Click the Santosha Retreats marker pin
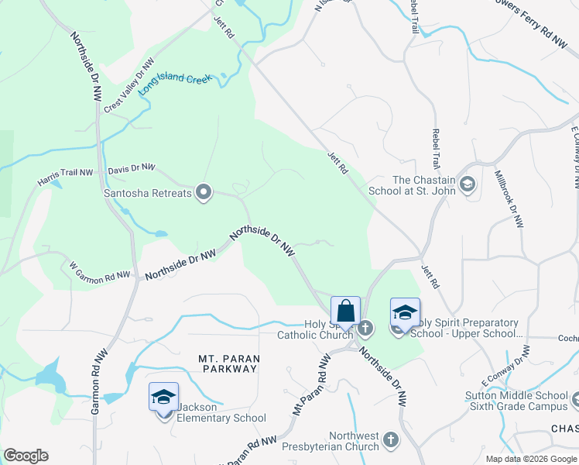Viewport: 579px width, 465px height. (x=204, y=192)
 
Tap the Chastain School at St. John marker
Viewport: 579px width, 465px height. (x=467, y=184)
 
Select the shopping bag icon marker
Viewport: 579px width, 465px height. (x=345, y=312)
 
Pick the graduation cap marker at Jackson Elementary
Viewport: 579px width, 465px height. (x=163, y=398)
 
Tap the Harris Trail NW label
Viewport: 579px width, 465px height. (x=66, y=179)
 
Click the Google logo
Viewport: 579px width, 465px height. (x=26, y=456)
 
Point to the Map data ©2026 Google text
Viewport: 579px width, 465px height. (x=530, y=459)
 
